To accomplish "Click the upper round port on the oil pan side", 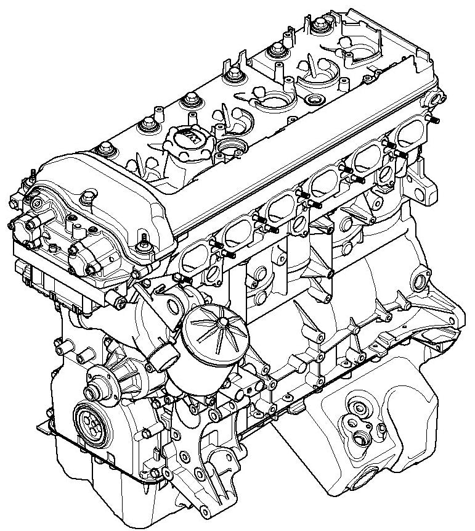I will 357,406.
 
